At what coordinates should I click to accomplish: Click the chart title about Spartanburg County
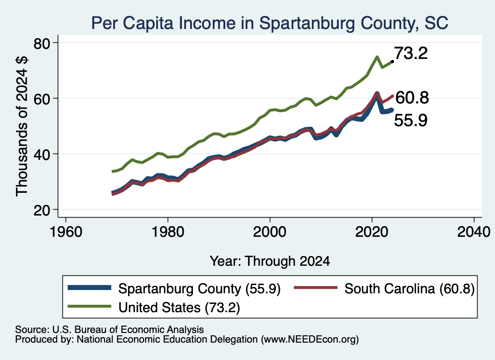[x=270, y=23]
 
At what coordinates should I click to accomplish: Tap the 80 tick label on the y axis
[x=42, y=43]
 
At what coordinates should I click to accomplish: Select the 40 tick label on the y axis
[x=42, y=154]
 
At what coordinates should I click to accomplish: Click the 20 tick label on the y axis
[x=42, y=210]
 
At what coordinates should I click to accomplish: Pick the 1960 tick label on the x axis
[x=66, y=232]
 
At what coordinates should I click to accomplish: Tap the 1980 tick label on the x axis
[x=168, y=232]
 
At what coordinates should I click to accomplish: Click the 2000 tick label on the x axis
[x=270, y=232]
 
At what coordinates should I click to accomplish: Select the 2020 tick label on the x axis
[x=372, y=232]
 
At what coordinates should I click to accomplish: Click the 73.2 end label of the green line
[x=411, y=53]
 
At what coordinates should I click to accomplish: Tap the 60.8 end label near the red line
[x=412, y=98]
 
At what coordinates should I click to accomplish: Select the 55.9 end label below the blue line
[x=411, y=120]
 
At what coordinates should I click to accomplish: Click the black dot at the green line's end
[x=392, y=61]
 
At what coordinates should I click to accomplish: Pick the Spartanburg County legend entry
[x=174, y=288]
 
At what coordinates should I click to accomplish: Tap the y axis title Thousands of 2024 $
[x=22, y=126]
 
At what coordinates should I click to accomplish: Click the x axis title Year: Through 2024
[x=270, y=261]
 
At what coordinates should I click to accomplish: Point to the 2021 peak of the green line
[x=377, y=57]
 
